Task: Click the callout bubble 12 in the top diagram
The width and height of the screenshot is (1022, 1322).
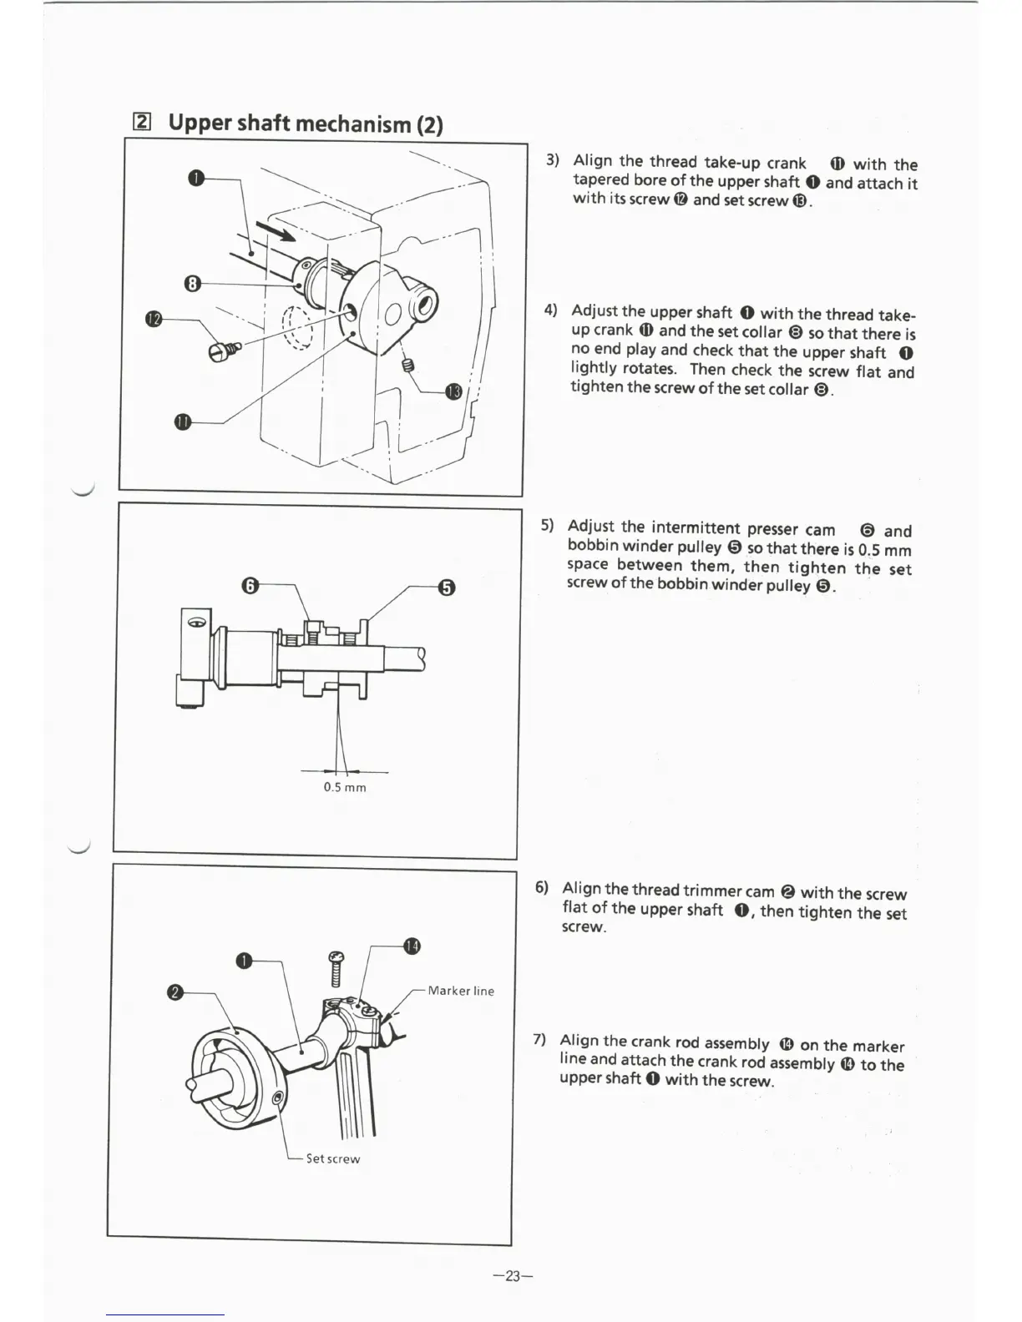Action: [153, 320]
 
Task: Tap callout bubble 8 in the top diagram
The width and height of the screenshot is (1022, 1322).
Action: [192, 284]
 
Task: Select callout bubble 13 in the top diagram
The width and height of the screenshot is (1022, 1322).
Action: [453, 391]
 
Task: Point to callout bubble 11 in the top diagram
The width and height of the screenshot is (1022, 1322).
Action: [183, 422]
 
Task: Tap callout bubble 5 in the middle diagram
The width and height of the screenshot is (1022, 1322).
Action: [447, 588]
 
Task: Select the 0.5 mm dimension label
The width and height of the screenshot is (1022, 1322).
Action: [345, 787]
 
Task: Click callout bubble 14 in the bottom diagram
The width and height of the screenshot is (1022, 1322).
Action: [412, 946]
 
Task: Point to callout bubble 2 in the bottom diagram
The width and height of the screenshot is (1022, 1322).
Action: [175, 992]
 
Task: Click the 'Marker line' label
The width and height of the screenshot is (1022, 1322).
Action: [461, 991]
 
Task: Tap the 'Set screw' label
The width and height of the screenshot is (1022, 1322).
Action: [333, 1158]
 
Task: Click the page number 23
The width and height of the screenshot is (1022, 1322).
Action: [513, 1275]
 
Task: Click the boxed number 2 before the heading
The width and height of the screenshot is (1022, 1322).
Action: [142, 123]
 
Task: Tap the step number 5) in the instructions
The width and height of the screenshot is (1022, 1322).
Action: [548, 526]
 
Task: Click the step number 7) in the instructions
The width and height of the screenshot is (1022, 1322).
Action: [540, 1040]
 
